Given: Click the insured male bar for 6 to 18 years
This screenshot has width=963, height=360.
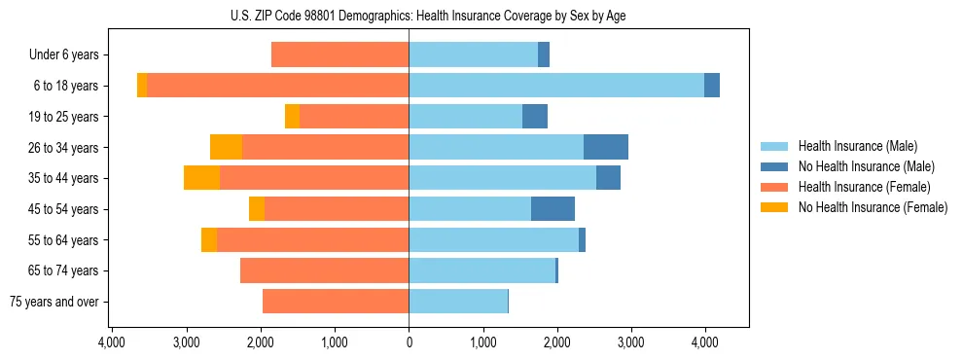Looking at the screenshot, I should point(556,86).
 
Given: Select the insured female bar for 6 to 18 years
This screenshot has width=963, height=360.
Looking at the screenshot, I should point(277,86).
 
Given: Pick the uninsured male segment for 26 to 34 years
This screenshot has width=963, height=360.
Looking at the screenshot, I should point(606,147).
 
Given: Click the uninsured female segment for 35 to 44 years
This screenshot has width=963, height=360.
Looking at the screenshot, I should point(201,178).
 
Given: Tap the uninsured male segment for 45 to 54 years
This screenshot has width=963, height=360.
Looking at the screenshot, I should point(553,209).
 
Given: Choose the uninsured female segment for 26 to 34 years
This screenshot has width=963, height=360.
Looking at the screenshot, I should point(226,147).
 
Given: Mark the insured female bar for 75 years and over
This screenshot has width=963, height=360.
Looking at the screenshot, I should point(336,302).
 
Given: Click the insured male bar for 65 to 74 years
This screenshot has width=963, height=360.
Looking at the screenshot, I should point(481,270).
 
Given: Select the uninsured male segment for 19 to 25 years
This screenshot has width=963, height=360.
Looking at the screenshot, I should point(535,117).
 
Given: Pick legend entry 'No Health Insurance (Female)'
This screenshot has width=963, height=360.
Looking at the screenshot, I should point(873,207).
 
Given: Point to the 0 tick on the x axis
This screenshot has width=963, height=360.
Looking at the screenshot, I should point(409,342).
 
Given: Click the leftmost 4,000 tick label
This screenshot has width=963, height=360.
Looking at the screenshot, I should point(112,342).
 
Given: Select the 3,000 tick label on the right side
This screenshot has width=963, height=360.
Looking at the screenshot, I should point(630,342).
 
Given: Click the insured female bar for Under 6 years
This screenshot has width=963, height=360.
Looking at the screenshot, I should point(339,54).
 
